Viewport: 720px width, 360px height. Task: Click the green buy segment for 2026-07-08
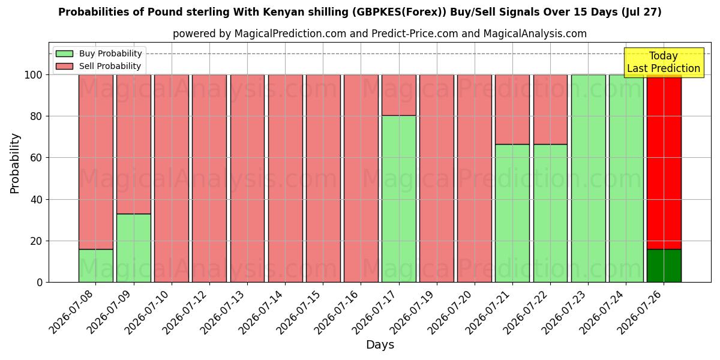point(96,266)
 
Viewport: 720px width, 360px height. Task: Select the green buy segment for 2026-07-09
point(134,248)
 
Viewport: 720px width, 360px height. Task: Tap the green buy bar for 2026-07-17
point(399,199)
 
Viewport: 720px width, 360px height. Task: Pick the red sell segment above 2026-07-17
point(399,95)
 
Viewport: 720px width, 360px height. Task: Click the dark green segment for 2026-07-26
point(664,266)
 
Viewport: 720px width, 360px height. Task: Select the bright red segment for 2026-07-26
point(664,162)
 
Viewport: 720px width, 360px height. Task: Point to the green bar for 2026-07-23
point(588,179)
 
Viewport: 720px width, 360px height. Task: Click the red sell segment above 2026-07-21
point(512,110)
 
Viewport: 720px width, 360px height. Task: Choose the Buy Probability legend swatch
point(64,53)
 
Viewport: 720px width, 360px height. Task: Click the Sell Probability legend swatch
point(64,66)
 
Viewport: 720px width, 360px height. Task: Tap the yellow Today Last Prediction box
point(664,62)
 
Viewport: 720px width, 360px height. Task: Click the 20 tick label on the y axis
point(37,241)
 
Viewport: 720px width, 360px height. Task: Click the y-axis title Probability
point(15,164)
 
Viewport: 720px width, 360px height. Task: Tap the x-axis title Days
point(380,345)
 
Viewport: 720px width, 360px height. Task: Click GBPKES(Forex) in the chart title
point(399,12)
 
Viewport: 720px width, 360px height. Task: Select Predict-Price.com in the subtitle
point(415,34)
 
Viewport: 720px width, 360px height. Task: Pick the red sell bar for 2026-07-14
point(286,179)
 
